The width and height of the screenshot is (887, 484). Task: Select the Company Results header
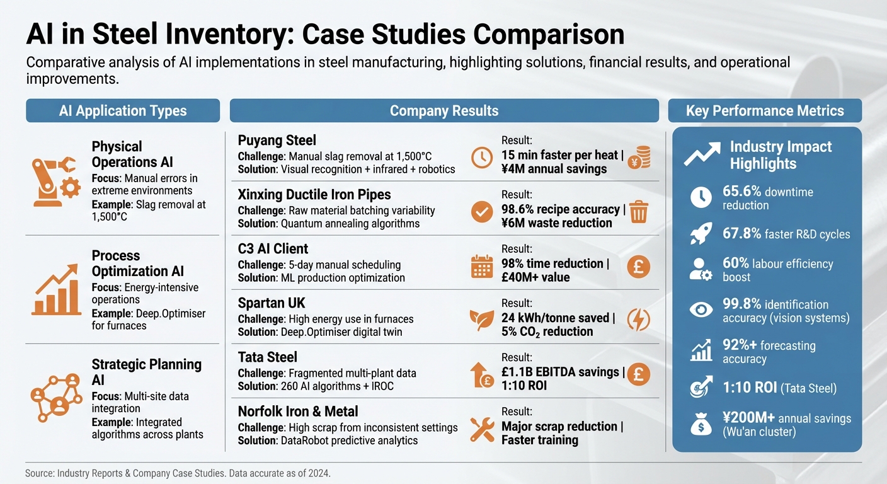[444, 111]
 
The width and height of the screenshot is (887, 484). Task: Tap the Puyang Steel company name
[277, 140]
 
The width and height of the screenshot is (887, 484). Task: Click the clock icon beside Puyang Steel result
[482, 157]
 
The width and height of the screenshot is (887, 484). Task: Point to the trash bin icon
[638, 212]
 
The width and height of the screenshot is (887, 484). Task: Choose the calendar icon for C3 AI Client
[482, 267]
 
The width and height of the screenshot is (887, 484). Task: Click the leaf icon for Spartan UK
[482, 320]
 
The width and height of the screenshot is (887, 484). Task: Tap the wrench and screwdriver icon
[482, 429]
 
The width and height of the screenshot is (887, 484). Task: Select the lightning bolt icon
[638, 320]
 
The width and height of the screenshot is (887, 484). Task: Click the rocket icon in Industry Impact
[701, 234]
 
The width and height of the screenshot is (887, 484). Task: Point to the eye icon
[701, 309]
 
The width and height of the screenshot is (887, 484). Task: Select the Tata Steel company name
[268, 357]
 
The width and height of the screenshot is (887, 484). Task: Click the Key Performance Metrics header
[765, 111]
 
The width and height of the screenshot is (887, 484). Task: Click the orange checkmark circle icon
[482, 212]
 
